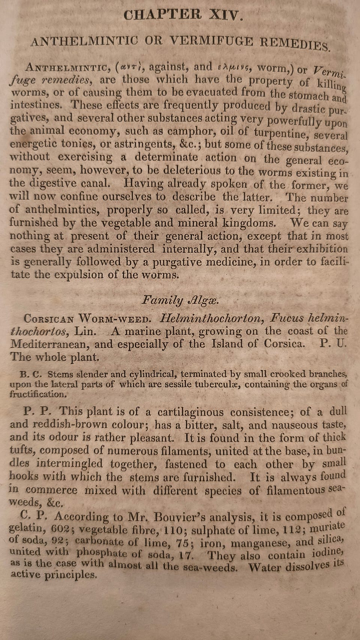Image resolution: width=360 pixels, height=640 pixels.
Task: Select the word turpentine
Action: [280, 133]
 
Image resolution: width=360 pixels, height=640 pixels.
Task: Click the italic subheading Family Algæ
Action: [180, 300]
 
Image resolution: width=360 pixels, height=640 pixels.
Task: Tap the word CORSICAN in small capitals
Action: [49, 319]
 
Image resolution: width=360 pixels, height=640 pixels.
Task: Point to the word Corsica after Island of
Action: [284, 344]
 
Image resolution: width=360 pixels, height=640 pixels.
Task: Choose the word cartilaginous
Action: [190, 412]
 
